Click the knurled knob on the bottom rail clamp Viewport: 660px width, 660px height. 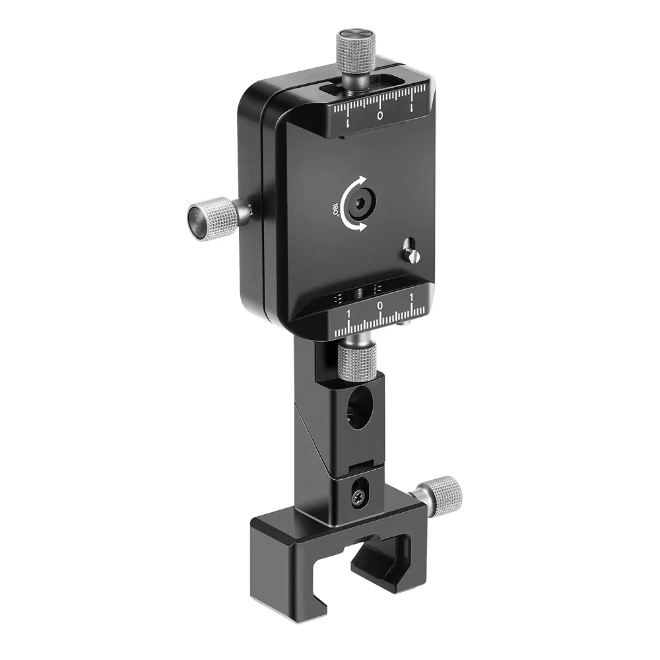(443, 492)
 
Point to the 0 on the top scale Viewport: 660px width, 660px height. (380, 116)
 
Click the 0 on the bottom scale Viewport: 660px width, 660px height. (379, 307)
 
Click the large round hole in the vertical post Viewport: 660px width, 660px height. (359, 407)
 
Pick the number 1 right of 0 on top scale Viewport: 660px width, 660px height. (411, 106)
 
